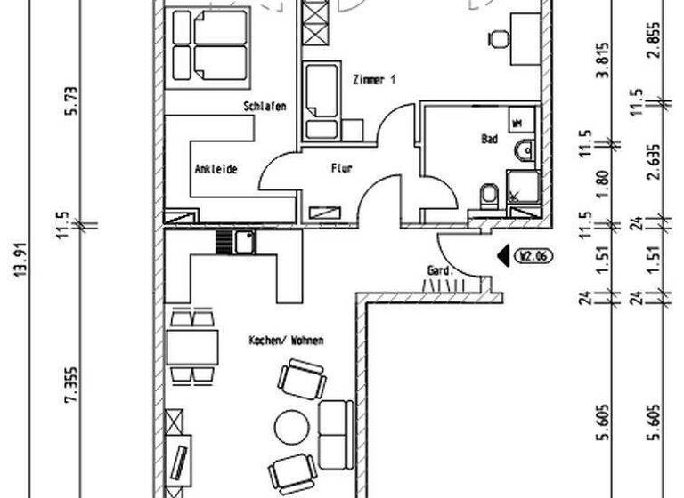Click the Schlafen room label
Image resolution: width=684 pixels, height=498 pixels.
(265, 107)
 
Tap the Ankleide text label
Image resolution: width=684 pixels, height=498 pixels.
(216, 169)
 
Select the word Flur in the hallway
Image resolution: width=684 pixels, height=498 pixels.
(343, 167)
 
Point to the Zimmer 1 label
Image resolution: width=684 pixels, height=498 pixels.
(374, 80)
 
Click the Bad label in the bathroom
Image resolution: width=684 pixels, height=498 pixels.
(489, 140)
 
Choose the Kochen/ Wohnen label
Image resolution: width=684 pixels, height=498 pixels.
(287, 341)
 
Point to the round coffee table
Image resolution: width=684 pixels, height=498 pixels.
(290, 429)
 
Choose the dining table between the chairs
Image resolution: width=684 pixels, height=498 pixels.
(191, 346)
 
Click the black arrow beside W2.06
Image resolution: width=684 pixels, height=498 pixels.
(504, 257)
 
